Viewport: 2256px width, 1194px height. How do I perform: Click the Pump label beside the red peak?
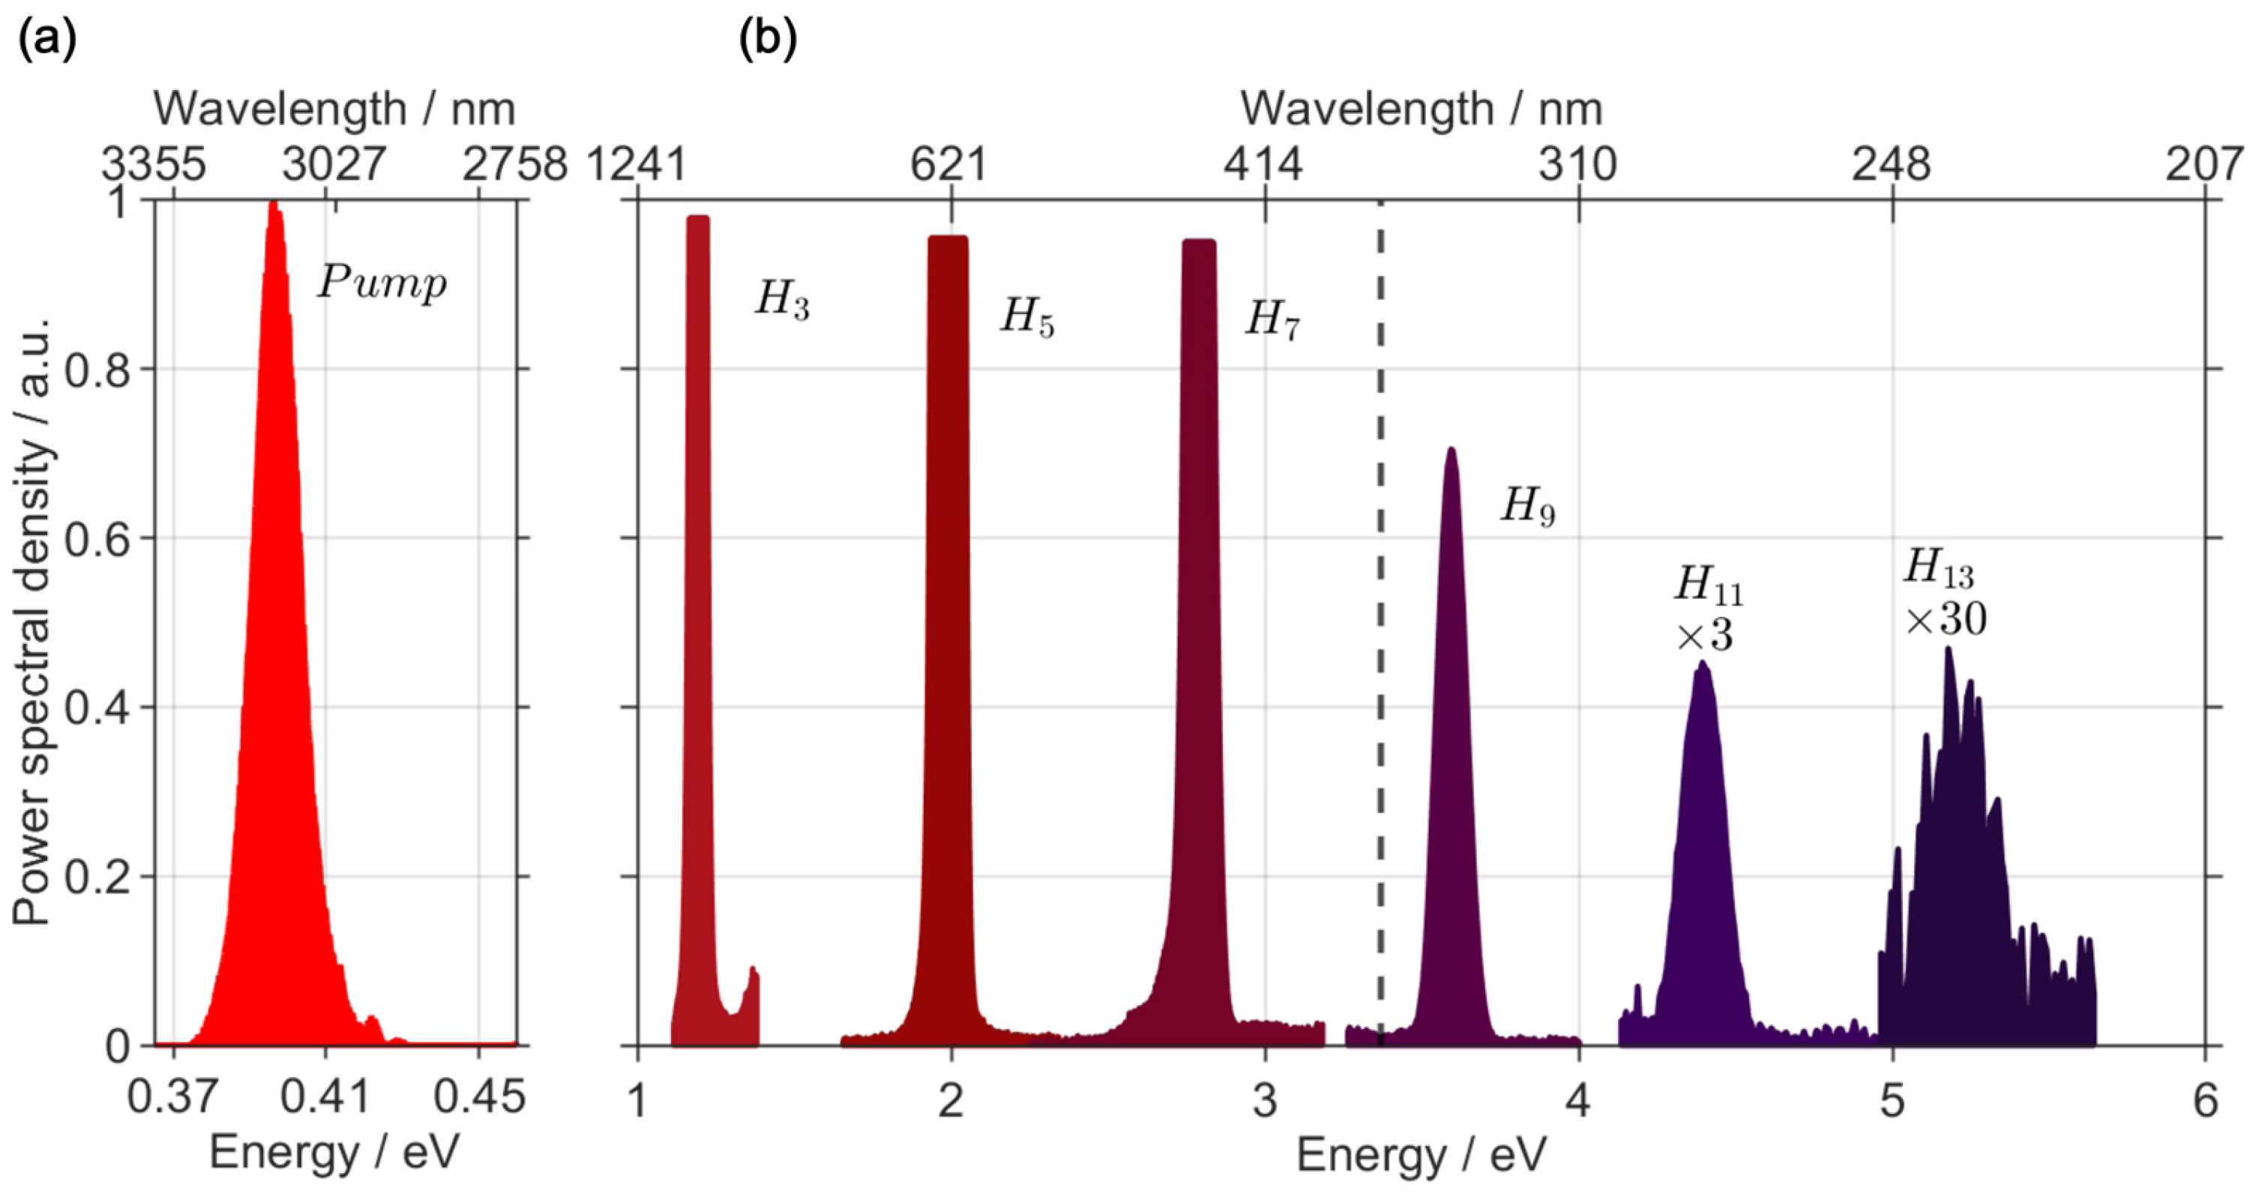[382, 283]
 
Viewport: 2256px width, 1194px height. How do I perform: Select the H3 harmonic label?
[781, 301]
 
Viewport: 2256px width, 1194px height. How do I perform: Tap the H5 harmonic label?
[1026, 318]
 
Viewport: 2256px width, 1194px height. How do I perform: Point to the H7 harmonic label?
[1272, 319]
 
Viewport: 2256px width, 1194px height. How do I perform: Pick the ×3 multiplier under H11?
[1704, 636]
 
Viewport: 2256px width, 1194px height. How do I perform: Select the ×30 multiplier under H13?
[1946, 621]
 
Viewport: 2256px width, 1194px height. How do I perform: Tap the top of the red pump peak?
[273, 205]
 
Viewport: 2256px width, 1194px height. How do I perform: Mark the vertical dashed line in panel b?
[1381, 613]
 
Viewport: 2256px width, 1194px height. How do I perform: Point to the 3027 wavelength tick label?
[334, 163]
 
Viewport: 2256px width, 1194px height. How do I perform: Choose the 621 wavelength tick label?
[949, 163]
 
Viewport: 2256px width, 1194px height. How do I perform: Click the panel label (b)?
[767, 40]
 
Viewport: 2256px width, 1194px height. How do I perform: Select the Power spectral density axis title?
[33, 621]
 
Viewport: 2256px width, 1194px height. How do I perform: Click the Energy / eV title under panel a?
[334, 1153]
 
